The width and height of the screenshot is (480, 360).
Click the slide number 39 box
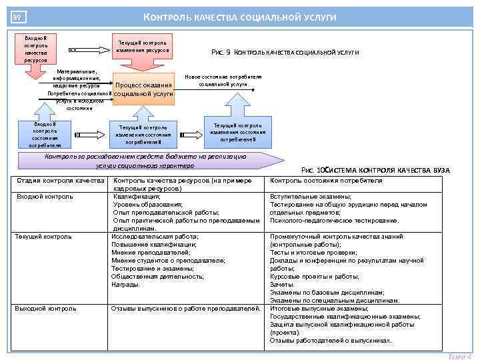[x=17, y=17]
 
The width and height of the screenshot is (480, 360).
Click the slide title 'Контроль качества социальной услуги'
[x=240, y=17]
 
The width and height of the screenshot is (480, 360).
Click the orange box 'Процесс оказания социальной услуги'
[x=144, y=90]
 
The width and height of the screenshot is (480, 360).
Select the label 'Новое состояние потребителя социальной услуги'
[x=223, y=81]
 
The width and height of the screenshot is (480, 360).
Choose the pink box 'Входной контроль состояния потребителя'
[x=45, y=133]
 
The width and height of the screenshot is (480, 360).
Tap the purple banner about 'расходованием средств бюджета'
[x=144, y=161]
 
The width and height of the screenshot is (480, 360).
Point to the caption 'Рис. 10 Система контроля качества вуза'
[x=375, y=171]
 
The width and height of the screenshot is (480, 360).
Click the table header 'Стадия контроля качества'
[x=60, y=181]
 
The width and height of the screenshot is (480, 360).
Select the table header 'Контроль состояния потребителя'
[x=326, y=181]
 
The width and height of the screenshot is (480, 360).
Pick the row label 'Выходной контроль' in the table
[x=45, y=309]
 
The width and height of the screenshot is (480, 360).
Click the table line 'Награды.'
[x=126, y=285]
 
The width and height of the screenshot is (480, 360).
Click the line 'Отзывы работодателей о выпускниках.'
[x=331, y=341]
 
